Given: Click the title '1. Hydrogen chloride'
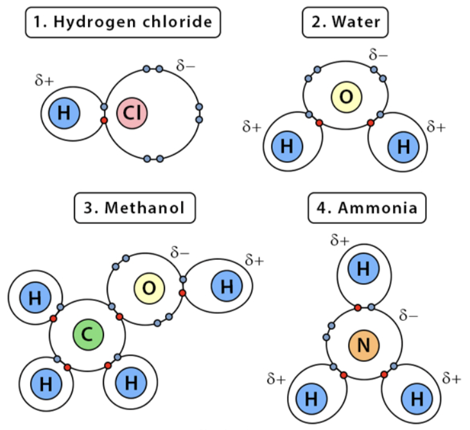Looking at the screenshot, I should (x=123, y=22).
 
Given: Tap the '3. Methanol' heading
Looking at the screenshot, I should (x=135, y=208).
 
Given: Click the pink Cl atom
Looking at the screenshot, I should (x=132, y=114).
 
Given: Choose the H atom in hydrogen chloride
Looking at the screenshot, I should (x=64, y=114).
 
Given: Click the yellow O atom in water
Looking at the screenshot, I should (x=346, y=97).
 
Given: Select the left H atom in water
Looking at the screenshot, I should (x=287, y=146).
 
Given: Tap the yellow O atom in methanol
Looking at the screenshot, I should (x=149, y=288).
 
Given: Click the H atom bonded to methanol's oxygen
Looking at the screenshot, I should (x=227, y=286).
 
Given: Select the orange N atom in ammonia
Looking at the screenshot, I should (x=363, y=346).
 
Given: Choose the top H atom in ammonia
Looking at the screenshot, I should (x=363, y=270).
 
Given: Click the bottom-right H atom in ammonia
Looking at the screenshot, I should (x=417, y=398).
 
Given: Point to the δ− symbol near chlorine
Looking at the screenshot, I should (x=186, y=66).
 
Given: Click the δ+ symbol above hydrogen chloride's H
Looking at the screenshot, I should (x=45, y=82).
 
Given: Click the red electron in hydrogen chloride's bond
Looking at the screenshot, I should (x=103, y=120).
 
